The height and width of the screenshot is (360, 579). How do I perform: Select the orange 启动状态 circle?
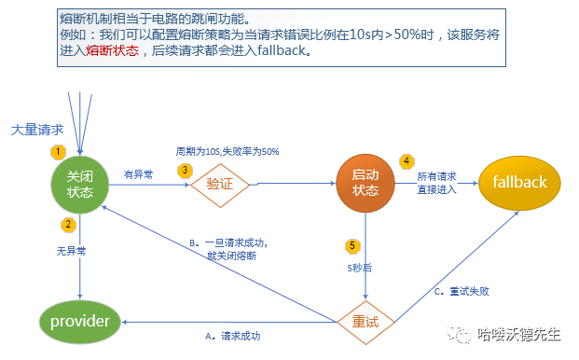tap(365, 183)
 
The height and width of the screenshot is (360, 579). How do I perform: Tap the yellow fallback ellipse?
tap(519, 183)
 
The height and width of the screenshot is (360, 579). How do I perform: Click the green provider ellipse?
tap(80, 322)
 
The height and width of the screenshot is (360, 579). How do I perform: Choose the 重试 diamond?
tap(365, 322)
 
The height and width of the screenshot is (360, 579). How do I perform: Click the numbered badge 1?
tap(59, 151)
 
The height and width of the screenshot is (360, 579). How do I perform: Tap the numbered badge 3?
tap(186, 170)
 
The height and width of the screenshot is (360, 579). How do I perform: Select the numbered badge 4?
tap(407, 160)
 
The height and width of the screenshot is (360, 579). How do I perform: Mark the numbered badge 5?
tap(352, 245)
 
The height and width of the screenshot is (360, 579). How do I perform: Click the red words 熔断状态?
tap(112, 51)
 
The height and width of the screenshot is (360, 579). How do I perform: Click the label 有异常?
tap(138, 173)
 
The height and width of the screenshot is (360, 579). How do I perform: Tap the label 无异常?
tap(72, 252)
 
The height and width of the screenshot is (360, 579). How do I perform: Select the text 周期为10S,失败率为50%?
tap(227, 151)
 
